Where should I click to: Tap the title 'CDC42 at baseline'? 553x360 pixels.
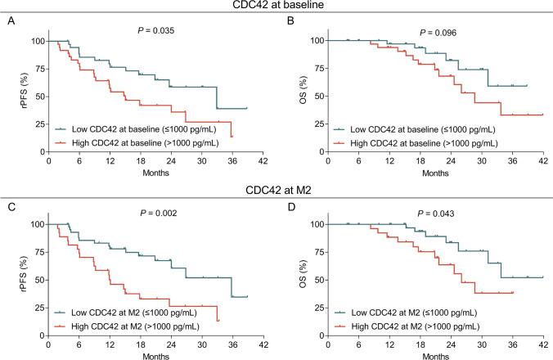[x=276, y=7]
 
